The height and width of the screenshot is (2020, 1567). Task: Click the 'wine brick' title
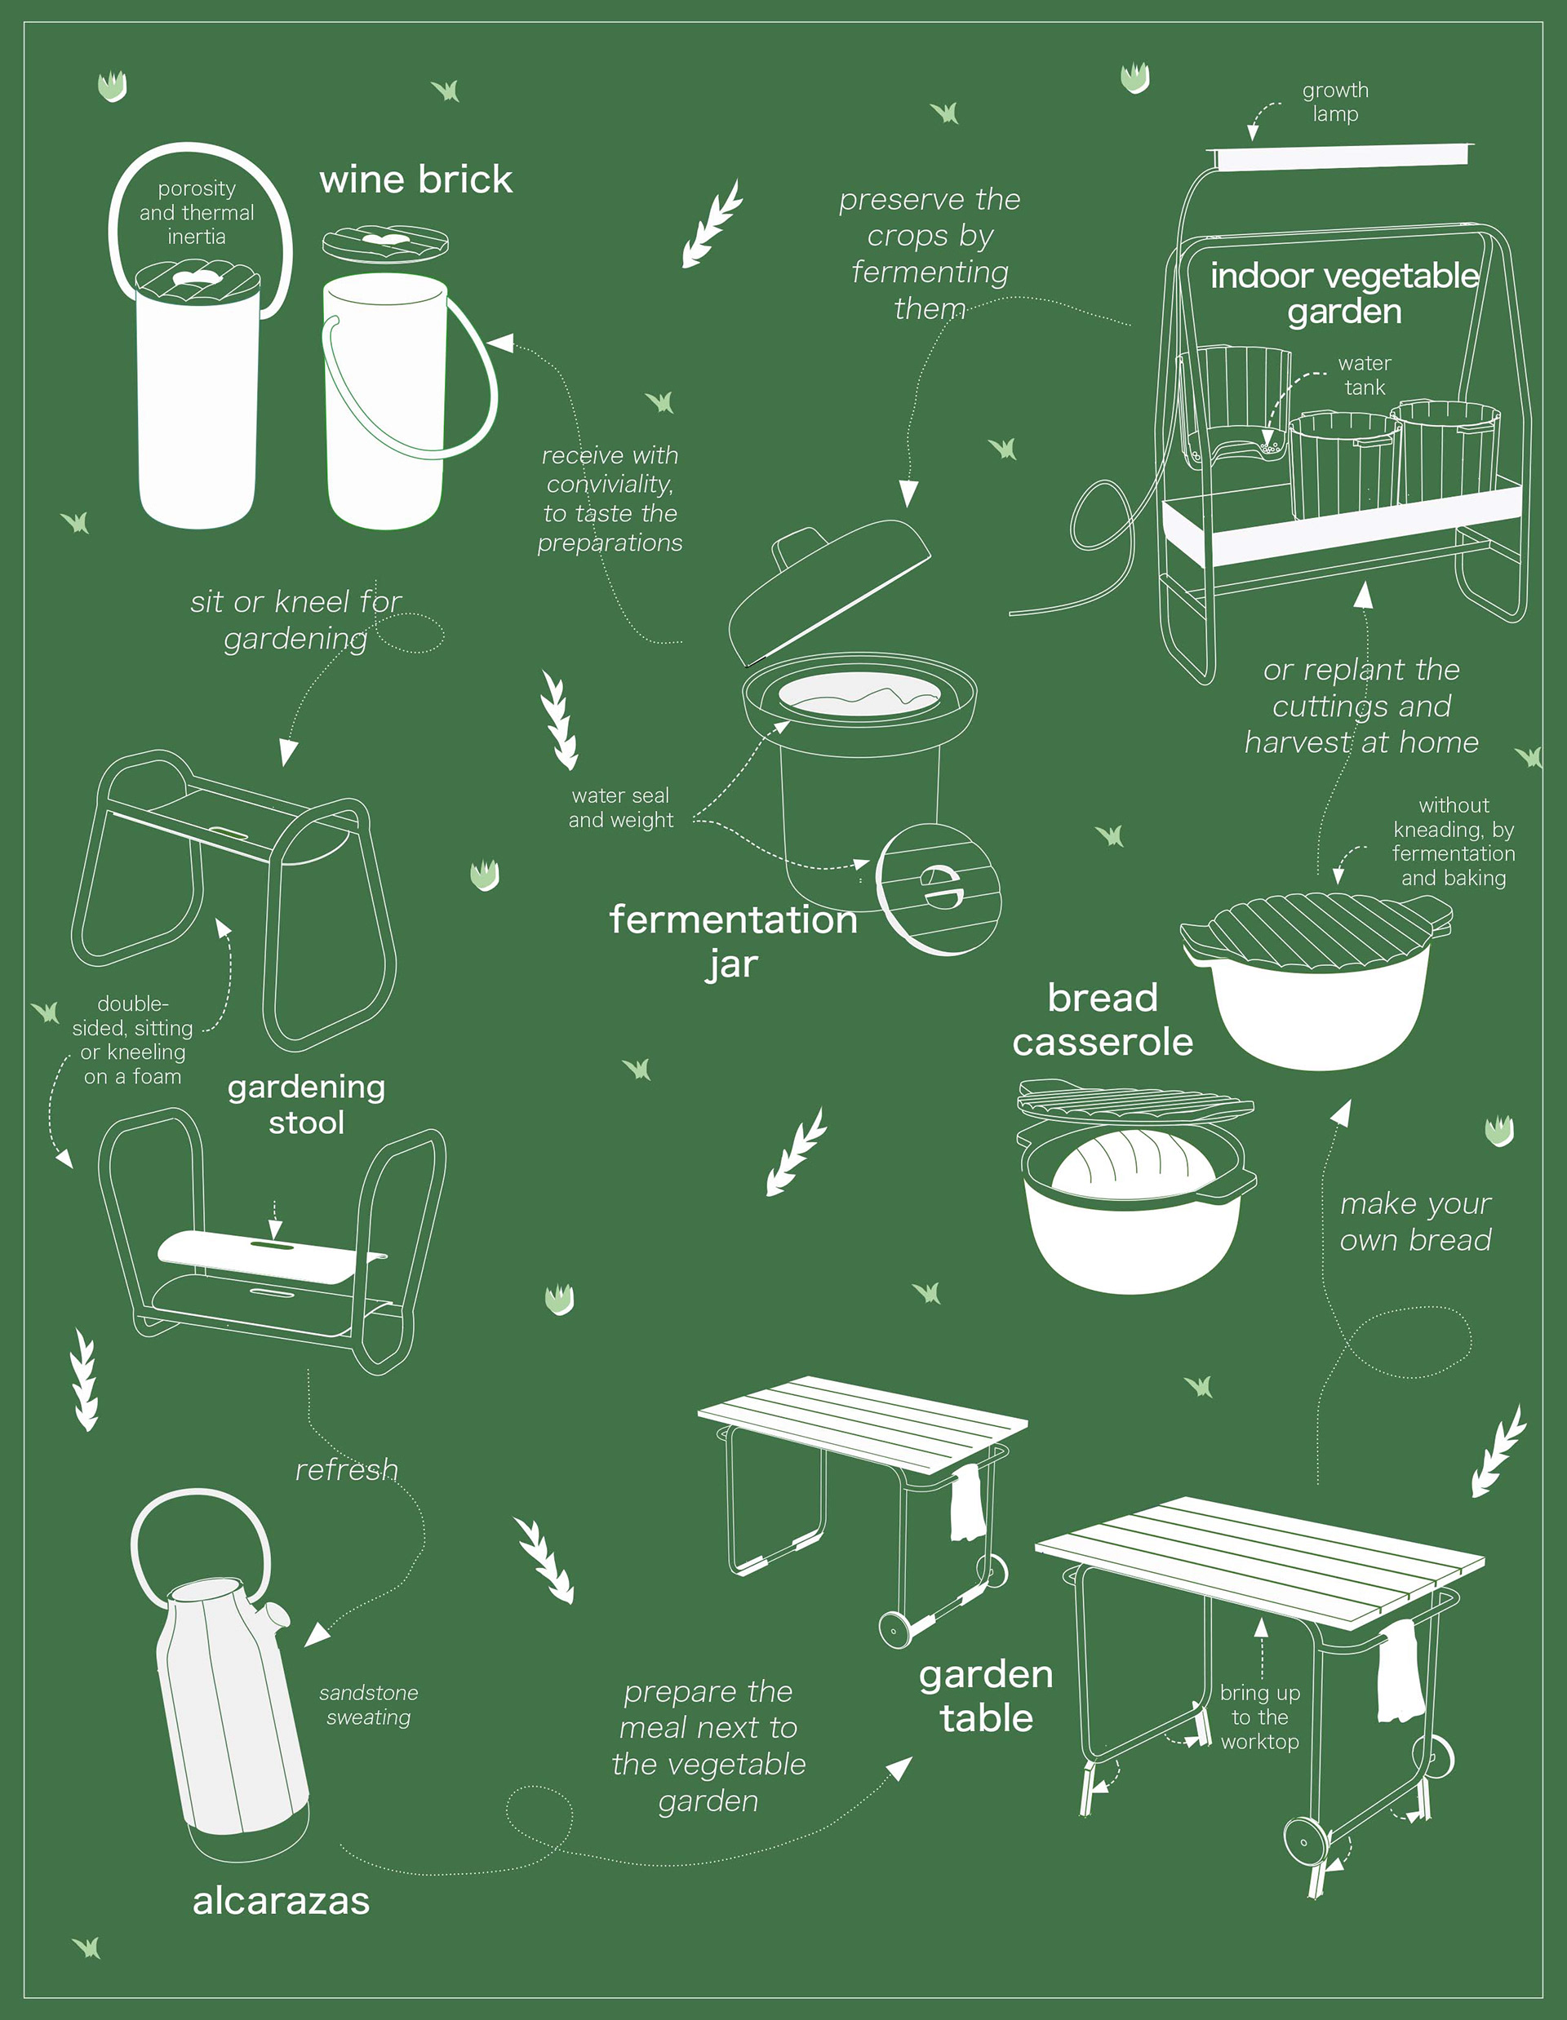click(x=415, y=179)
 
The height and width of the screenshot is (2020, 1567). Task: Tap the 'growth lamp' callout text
click(x=1335, y=102)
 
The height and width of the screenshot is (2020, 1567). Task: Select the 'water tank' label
click(x=1365, y=375)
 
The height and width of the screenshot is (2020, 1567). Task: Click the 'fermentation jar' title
click(x=733, y=941)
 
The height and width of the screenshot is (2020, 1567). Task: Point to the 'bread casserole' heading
click(x=1103, y=1019)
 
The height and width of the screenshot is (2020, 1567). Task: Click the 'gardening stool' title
click(x=306, y=1105)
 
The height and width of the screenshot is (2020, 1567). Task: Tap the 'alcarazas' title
click(x=282, y=1901)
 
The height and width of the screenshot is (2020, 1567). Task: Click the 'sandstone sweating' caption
click(x=368, y=1704)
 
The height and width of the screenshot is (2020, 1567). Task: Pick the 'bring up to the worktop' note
click(x=1260, y=1717)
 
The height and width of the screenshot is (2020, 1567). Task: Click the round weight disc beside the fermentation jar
click(x=938, y=888)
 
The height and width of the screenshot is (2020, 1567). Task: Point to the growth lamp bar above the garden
click(x=1343, y=157)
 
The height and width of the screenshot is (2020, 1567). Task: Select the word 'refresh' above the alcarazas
click(x=347, y=1469)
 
